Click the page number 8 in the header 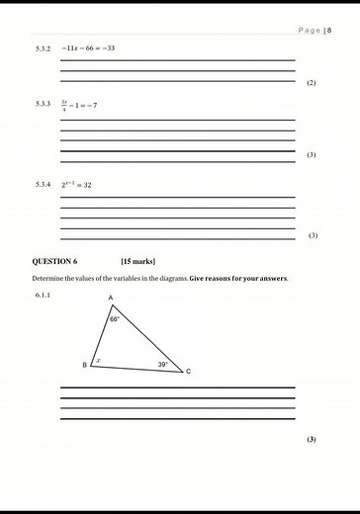[x=329, y=32]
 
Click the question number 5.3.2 [x=43, y=47]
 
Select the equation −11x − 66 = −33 [x=88, y=47]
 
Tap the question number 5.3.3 [x=43, y=104]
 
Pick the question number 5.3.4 [x=43, y=184]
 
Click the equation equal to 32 [x=76, y=184]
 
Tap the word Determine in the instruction [x=51, y=278]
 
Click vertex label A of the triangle [x=110, y=298]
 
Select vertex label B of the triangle [x=84, y=366]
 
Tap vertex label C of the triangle [x=189, y=372]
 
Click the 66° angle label [x=115, y=319]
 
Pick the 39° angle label [x=163, y=365]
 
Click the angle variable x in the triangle [x=97, y=360]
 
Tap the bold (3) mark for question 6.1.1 [x=312, y=439]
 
